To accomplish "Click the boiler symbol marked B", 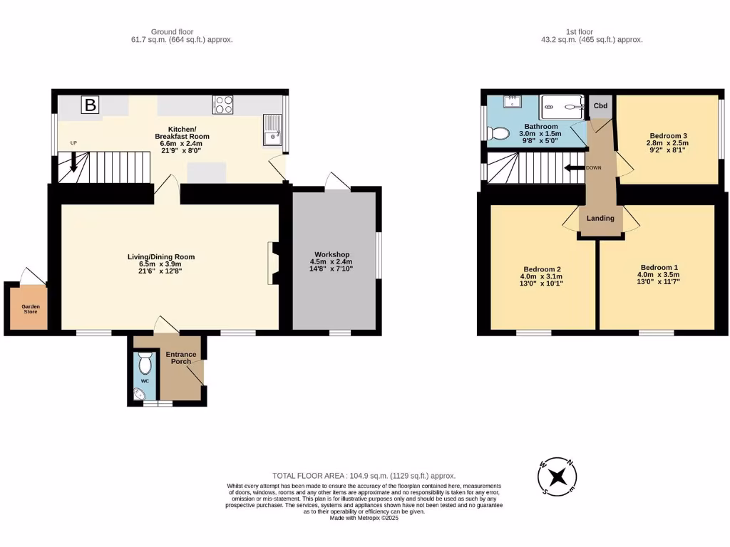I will coord(91,105).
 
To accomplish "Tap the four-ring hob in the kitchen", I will coord(223,105).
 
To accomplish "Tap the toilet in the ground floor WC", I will coord(146,365).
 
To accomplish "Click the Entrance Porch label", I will coord(181,358).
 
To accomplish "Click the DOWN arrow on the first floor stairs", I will coord(572,168).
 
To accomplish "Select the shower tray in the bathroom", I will coord(562,108).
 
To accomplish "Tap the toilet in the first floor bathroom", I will coord(497,132).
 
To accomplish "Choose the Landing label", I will coord(600,218).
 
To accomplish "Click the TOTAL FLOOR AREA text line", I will coord(364,476).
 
